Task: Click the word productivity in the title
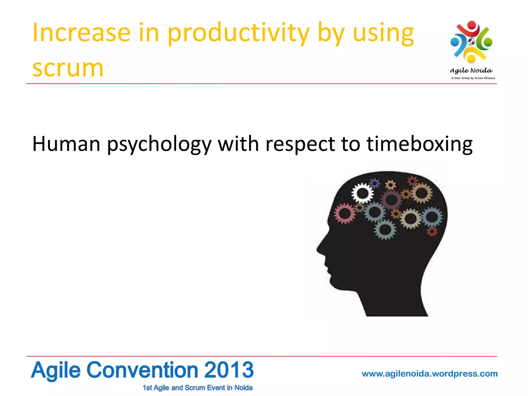[x=238, y=34]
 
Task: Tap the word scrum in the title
[x=68, y=68]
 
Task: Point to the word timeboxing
[x=419, y=144]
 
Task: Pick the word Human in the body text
[x=66, y=144]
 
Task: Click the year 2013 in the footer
[x=229, y=370]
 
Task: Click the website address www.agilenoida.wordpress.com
[x=430, y=374]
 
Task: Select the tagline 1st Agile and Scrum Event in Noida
[x=197, y=388]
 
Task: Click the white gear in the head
[x=362, y=193]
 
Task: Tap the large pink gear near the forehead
[x=345, y=213]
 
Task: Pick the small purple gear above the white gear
[x=375, y=183]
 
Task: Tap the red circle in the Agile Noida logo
[x=472, y=25]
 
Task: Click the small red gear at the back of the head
[x=432, y=231]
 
